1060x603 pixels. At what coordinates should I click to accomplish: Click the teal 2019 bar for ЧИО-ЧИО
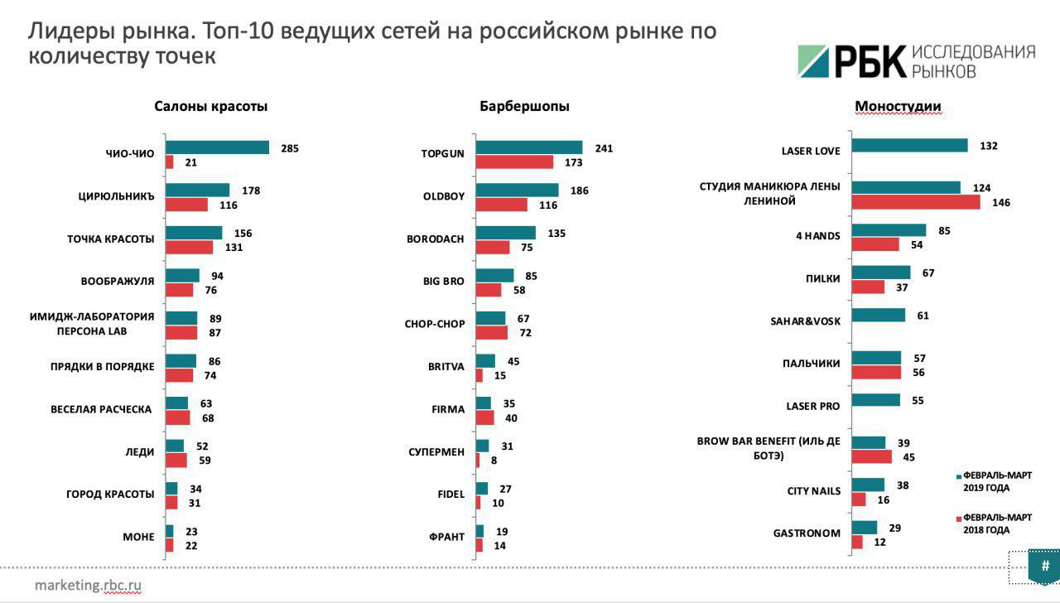pyautogui.click(x=217, y=147)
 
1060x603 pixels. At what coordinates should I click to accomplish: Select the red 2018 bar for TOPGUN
pyautogui.click(x=514, y=162)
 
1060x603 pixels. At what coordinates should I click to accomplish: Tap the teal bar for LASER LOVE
pyautogui.click(x=909, y=146)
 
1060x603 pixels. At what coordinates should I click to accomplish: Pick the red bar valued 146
pyautogui.click(x=916, y=202)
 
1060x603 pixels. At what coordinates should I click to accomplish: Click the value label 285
pyautogui.click(x=289, y=148)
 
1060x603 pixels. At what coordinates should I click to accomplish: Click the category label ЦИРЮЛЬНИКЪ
pyautogui.click(x=111, y=197)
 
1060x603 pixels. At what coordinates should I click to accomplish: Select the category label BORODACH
pyautogui.click(x=435, y=239)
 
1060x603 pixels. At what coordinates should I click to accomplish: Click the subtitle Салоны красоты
pyautogui.click(x=210, y=106)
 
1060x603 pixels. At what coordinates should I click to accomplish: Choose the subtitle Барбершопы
pyautogui.click(x=524, y=106)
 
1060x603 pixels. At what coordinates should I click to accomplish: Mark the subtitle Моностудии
pyautogui.click(x=897, y=106)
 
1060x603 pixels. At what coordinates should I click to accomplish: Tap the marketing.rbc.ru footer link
pyautogui.click(x=88, y=585)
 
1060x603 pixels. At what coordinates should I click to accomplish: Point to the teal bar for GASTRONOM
pyautogui.click(x=864, y=528)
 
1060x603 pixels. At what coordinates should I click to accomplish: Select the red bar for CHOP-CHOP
pyautogui.click(x=491, y=332)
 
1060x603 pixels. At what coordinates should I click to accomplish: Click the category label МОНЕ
pyautogui.click(x=138, y=537)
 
